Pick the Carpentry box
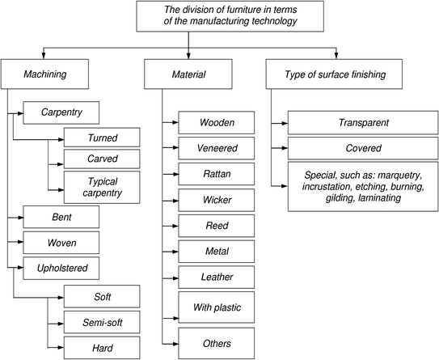[x=61, y=112]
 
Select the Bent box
[x=61, y=217]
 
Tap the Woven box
[x=61, y=242]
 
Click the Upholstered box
[x=61, y=266]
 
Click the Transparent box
[x=358, y=123]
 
